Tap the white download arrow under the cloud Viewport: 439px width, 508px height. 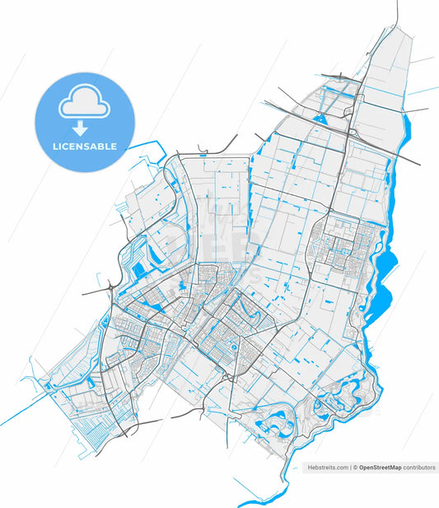[80, 128]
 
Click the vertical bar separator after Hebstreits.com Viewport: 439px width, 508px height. [352, 467]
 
